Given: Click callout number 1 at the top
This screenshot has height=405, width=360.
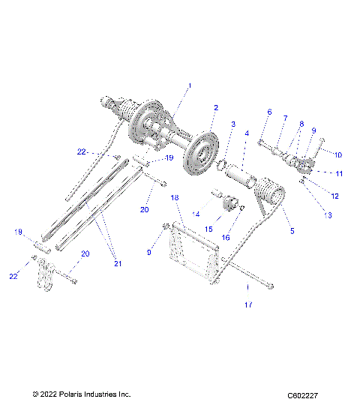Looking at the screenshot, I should click(x=189, y=86).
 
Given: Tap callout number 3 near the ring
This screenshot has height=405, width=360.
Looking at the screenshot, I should click(x=233, y=124).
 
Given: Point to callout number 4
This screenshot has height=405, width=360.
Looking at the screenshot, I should click(x=247, y=133).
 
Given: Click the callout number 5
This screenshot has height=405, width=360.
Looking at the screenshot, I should click(x=292, y=231).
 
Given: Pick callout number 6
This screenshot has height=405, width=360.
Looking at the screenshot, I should click(x=269, y=112).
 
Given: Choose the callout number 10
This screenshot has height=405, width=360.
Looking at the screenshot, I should click(x=337, y=154).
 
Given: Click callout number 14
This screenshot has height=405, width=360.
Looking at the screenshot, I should click(x=196, y=214).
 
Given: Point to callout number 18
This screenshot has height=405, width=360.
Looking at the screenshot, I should click(x=174, y=197).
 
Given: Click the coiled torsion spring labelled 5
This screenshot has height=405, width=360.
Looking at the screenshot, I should click(x=270, y=199).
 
